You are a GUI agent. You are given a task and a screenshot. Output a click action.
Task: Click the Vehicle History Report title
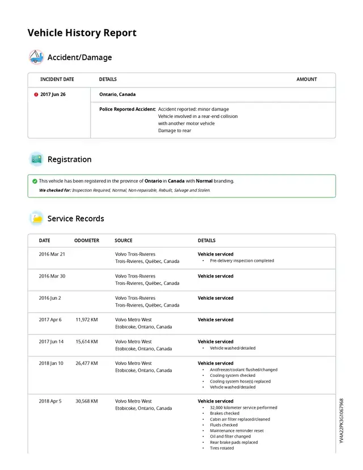coord(82,33)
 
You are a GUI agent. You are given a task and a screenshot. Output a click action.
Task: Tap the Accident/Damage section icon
coord(36,57)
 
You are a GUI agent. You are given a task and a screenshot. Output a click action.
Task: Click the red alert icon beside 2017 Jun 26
coord(36,95)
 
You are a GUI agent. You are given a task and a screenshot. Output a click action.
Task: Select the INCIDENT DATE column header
coord(57,79)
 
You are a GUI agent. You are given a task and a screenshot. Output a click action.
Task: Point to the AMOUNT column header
coord(306,79)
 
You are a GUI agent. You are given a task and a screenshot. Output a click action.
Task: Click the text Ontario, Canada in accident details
coord(117,95)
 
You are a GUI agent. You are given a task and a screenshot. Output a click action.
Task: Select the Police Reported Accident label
coord(127,109)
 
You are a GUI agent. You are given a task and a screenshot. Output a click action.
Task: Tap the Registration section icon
coord(36,160)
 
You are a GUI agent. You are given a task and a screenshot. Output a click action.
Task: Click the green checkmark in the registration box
coord(35,181)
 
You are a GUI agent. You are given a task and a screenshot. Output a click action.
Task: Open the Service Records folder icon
coord(36,219)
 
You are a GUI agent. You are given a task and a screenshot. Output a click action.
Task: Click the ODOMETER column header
coord(87,241)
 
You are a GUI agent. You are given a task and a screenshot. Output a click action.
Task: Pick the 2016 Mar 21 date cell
coord(52,254)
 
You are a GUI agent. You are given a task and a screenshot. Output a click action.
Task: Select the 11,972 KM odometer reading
coord(87,320)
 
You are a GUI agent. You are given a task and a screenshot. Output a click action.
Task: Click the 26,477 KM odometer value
coord(87,363)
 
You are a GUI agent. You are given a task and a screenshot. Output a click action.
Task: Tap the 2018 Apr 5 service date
coord(50,401)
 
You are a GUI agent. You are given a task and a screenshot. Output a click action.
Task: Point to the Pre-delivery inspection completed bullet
coord(242,261)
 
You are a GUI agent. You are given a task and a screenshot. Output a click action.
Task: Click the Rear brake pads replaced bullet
coord(234,442)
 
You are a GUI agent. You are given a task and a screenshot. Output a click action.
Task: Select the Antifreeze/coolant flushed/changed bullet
coord(243,370)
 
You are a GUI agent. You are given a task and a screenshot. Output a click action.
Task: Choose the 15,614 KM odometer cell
coord(87,342)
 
